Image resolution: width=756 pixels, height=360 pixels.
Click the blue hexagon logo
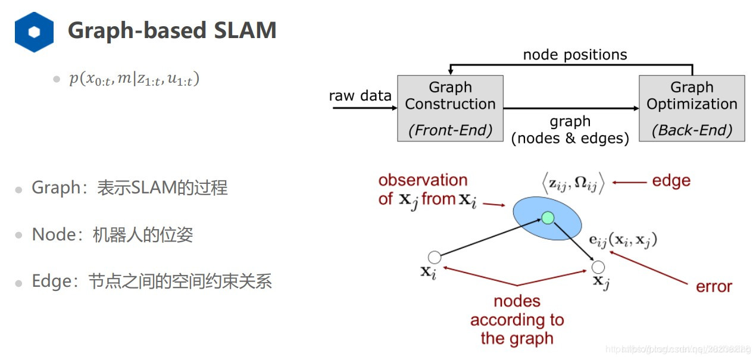pyautogui.click(x=34, y=32)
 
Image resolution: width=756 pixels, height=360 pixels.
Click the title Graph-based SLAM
pyautogui.click(x=172, y=30)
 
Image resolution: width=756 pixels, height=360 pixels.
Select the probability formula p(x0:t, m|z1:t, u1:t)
pyautogui.click(x=133, y=79)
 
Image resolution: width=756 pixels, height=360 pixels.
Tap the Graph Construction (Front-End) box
pyautogui.click(x=450, y=108)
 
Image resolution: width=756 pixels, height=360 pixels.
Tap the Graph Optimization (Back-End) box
pyautogui.click(x=692, y=108)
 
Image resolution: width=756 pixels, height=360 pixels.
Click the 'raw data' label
pyautogui.click(x=360, y=96)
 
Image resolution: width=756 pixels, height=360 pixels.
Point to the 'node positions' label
pyautogui.click(x=574, y=55)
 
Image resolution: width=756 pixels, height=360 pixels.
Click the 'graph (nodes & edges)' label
pyautogui.click(x=570, y=130)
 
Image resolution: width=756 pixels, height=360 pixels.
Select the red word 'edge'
pyautogui.click(x=671, y=181)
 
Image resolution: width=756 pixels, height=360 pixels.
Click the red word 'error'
pyautogui.click(x=714, y=286)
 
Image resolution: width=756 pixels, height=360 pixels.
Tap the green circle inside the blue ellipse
pyautogui.click(x=548, y=218)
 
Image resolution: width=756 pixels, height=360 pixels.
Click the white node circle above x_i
pyautogui.click(x=435, y=257)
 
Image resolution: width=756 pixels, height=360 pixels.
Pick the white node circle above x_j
pyautogui.click(x=598, y=267)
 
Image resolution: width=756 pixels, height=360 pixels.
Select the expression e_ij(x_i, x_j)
pyautogui.click(x=622, y=240)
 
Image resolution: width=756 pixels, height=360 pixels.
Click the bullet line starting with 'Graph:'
pyautogui.click(x=129, y=188)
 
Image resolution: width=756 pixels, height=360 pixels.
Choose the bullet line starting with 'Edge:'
pyautogui.click(x=151, y=281)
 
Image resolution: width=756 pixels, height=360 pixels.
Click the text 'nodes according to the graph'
pyautogui.click(x=517, y=320)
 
